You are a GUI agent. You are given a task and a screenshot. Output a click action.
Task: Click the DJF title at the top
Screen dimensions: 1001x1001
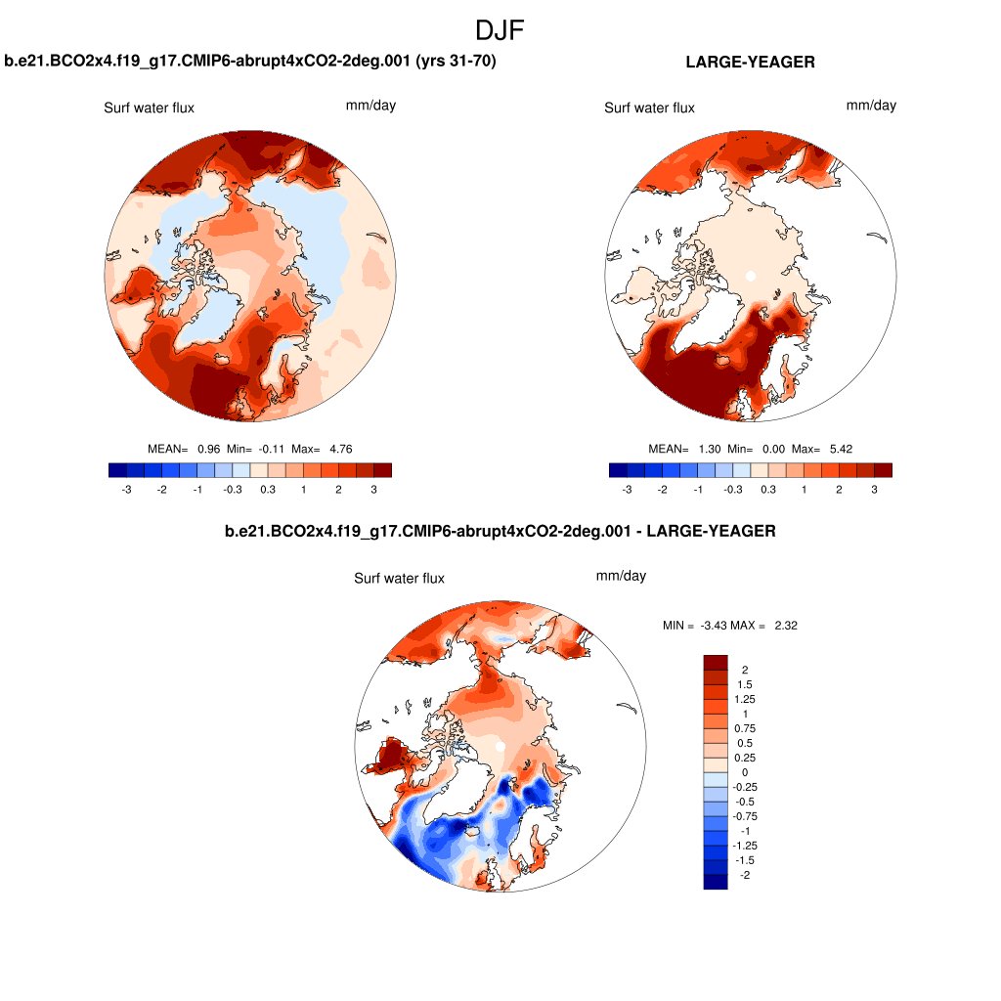pos(500,30)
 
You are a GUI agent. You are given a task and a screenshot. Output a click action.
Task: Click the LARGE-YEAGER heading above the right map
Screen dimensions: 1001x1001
pos(750,62)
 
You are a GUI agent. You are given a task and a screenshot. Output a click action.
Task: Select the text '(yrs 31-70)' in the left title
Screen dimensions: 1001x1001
pos(457,62)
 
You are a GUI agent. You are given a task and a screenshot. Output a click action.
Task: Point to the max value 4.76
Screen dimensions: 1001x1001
pos(335,449)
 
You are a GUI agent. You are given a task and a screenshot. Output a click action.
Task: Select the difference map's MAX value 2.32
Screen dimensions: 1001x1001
pos(785,626)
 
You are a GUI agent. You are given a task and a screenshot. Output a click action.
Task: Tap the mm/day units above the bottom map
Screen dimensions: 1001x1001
pos(621,576)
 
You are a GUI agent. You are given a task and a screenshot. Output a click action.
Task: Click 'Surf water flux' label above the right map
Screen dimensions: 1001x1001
pos(649,108)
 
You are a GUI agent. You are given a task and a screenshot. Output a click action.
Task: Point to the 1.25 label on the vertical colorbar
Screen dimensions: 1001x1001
pos(745,699)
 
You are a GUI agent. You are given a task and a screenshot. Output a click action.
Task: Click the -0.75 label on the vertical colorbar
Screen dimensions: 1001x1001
pos(745,816)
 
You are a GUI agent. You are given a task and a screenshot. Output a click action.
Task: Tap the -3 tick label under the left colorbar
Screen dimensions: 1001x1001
pos(126,488)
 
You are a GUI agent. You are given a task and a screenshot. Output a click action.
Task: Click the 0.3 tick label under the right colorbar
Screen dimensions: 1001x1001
pos(768,488)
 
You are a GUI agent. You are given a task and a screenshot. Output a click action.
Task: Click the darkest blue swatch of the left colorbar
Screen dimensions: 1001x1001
pos(117,470)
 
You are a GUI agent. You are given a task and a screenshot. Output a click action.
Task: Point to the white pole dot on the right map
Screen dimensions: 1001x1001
pos(751,277)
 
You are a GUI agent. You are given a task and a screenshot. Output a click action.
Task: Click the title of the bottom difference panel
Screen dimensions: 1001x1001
pos(500,531)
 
